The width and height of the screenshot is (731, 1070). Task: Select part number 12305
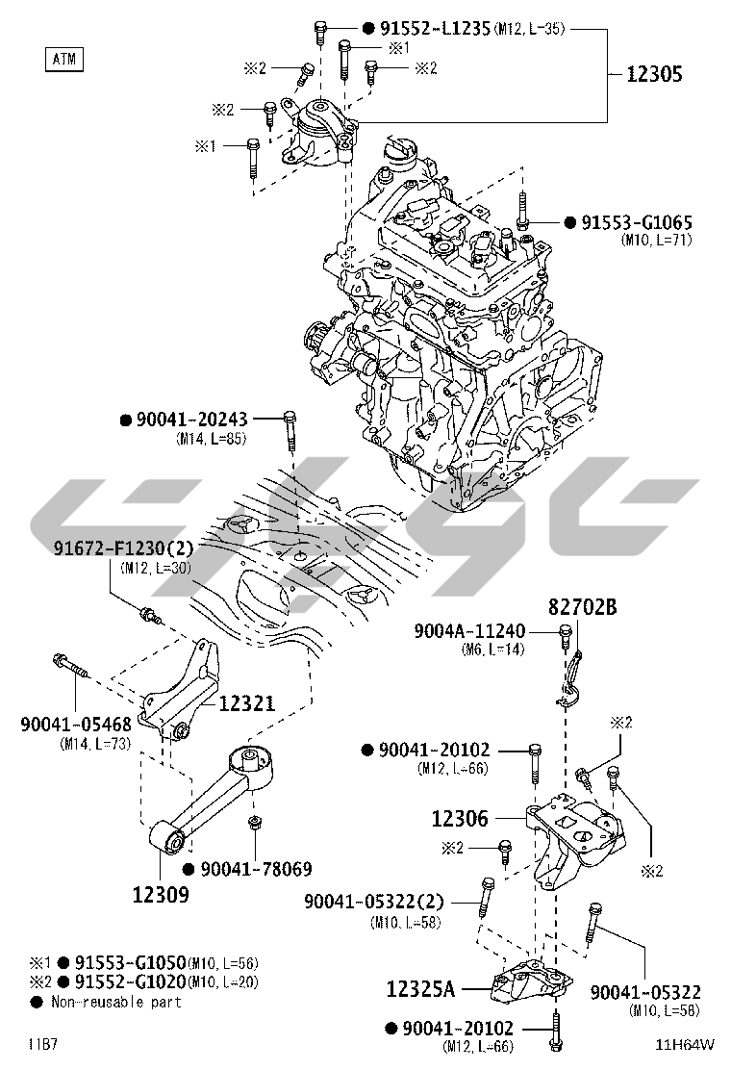pyautogui.click(x=655, y=74)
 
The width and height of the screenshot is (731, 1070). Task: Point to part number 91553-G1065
pyautogui.click(x=636, y=223)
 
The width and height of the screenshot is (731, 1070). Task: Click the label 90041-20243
pyautogui.click(x=191, y=420)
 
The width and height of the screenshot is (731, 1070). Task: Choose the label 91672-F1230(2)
pyautogui.click(x=124, y=549)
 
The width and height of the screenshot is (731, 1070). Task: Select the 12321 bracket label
pyautogui.click(x=245, y=704)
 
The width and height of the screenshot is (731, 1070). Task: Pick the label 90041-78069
pyautogui.click(x=256, y=869)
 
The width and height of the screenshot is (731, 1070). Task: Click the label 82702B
pyautogui.click(x=583, y=607)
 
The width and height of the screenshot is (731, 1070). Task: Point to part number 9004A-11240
pyautogui.click(x=470, y=631)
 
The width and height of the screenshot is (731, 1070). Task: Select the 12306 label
pyautogui.click(x=460, y=819)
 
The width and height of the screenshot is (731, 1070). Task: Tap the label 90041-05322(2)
pyautogui.click(x=374, y=902)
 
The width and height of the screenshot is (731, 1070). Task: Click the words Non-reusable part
pyautogui.click(x=117, y=1002)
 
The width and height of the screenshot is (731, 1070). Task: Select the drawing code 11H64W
pyautogui.click(x=686, y=1044)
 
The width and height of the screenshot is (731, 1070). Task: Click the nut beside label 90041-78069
pyautogui.click(x=255, y=826)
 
